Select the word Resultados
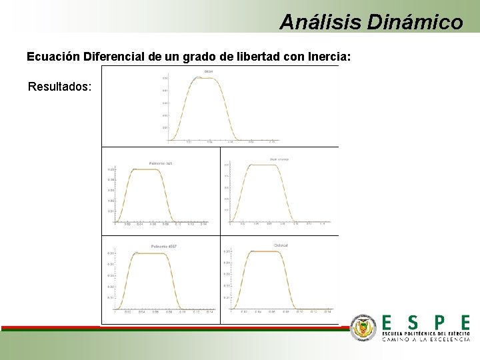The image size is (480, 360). coord(60,87)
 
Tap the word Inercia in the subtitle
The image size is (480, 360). coord(329,57)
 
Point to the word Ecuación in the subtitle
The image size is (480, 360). coord(54,57)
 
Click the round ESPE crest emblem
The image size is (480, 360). coord(363,328)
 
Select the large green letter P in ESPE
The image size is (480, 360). coord(439,323)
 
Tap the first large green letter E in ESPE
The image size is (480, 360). coord(388,323)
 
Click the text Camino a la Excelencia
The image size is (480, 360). coord(426,339)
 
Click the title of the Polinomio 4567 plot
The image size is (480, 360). coord(163,247)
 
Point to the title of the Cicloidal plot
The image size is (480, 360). coord(281,245)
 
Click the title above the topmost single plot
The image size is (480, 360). coord(209,71)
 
